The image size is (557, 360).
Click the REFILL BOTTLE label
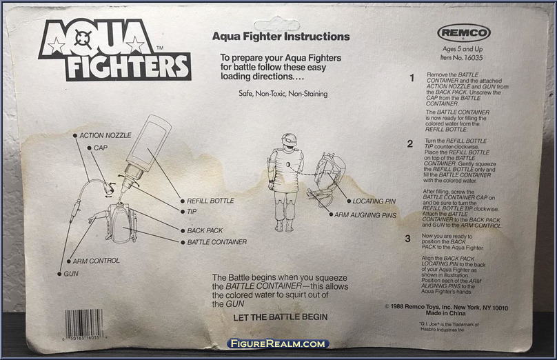coord(210,201)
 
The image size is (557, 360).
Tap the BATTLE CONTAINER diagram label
coord(216,242)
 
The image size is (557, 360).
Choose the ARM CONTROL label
coord(96,261)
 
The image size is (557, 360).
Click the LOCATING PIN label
coord(375,201)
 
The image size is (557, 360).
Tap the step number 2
coord(409,144)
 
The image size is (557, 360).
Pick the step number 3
coord(409,239)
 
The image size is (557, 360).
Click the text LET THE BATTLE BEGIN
coord(270,317)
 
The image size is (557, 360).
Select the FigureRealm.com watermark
coord(278,343)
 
